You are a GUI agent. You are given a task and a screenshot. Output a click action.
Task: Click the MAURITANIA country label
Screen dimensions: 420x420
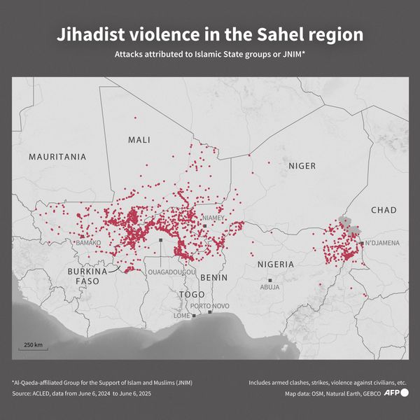(x=57, y=157)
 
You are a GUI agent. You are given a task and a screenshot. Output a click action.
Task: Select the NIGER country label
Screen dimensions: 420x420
(x=302, y=166)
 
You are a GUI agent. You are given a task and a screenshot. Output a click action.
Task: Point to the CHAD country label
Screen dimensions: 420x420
(x=383, y=210)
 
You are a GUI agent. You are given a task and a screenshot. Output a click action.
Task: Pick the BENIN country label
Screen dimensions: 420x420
(x=213, y=277)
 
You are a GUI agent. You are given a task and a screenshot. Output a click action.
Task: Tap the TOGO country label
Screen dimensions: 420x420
(x=192, y=295)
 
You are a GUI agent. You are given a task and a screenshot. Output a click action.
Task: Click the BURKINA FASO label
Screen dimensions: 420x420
(x=87, y=276)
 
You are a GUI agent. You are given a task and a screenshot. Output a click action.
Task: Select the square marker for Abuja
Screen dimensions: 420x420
(x=269, y=279)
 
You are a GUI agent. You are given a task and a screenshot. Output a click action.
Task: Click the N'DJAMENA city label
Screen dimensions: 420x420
(x=382, y=243)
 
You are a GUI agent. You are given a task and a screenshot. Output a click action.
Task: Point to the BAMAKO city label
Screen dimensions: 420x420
(x=88, y=243)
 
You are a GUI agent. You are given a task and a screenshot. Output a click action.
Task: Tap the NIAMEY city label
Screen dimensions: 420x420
(x=213, y=218)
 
